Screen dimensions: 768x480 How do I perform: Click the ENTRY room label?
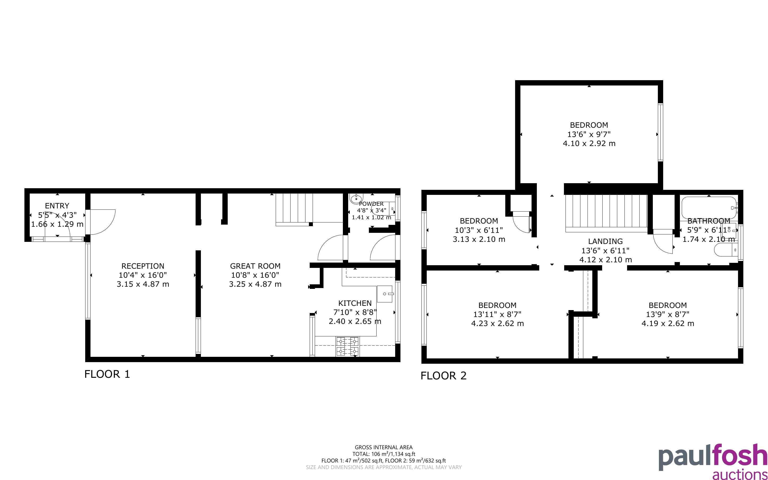click(57, 206)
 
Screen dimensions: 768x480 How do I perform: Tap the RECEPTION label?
click(143, 266)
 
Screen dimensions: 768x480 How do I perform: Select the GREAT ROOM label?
click(255, 266)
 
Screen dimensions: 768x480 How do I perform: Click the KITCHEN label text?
click(355, 303)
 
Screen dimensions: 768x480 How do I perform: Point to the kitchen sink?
click(385, 294)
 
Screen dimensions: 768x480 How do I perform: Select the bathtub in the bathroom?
click(709, 208)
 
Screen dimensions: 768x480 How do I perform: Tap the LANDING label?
click(605, 241)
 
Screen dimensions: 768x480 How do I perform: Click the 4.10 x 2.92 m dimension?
click(589, 143)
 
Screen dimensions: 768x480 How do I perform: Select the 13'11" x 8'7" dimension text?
click(497, 314)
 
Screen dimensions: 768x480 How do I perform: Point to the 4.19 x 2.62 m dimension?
click(668, 323)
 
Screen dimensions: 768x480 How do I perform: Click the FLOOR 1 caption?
click(107, 374)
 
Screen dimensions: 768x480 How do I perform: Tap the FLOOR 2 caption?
click(443, 376)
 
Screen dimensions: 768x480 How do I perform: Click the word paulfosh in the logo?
click(713, 458)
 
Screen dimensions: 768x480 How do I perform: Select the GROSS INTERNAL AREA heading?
click(383, 447)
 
